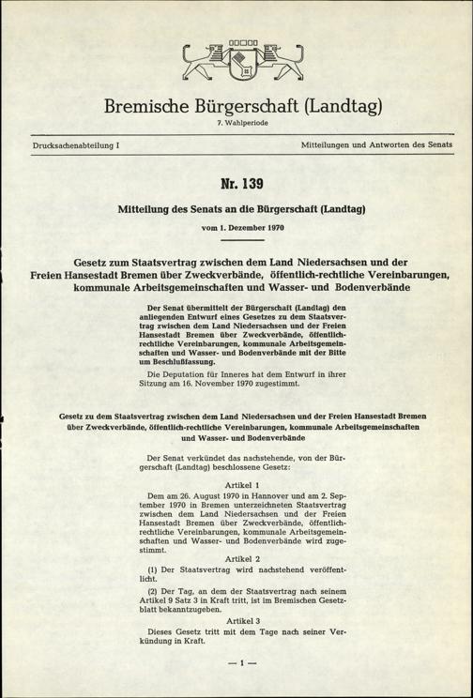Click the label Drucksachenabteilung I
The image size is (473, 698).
pyautogui.click(x=63, y=147)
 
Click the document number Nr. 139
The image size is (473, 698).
pyautogui.click(x=236, y=183)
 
